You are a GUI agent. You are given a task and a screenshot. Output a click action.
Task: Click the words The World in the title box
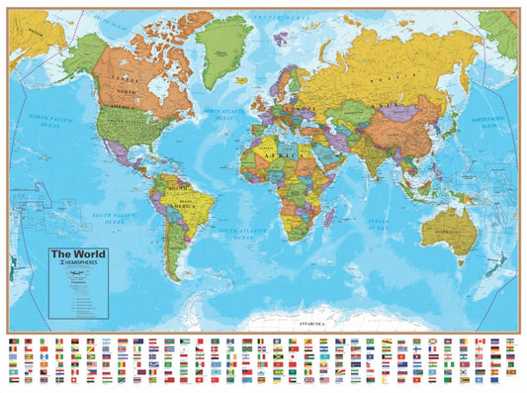pos(77,253)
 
